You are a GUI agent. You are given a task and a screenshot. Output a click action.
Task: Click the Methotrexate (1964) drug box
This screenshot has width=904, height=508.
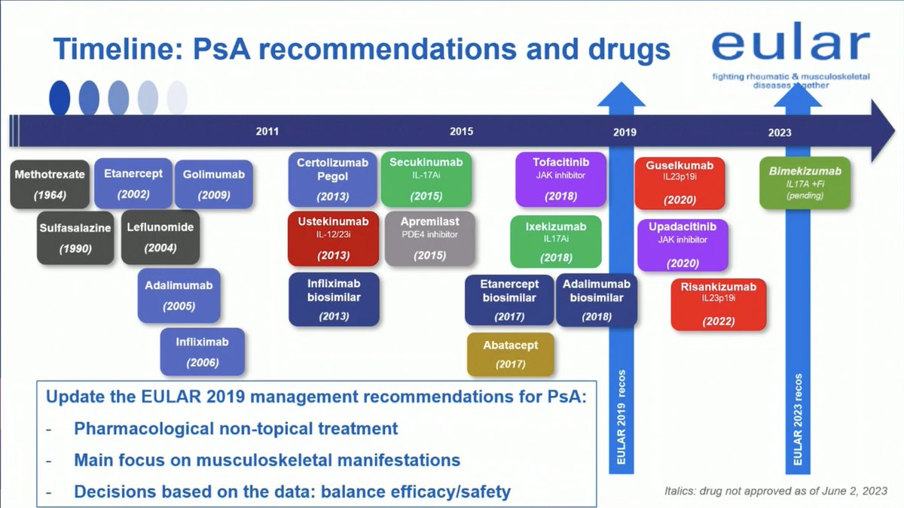point(50,184)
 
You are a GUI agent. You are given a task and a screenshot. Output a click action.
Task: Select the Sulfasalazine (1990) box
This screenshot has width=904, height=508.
point(75,238)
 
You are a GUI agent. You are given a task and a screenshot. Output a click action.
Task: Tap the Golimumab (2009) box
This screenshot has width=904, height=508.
point(214,184)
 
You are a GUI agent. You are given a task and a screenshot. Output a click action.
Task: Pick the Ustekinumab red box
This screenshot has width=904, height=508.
point(333,239)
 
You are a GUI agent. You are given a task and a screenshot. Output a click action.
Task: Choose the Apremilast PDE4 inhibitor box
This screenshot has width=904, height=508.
point(430,239)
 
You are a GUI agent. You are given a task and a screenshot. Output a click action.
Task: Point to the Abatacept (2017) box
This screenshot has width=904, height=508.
point(511,354)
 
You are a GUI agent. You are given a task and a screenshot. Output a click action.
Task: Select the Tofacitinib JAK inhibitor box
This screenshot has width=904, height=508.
point(561,179)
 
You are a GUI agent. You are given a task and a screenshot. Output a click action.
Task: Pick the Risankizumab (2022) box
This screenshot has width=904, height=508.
point(719,304)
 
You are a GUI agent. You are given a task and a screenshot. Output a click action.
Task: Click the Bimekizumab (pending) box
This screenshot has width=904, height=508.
point(805,183)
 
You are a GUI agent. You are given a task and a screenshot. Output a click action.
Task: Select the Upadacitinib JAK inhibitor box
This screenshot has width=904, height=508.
point(683,245)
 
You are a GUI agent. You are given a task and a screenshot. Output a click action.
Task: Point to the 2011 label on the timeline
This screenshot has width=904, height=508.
point(267,132)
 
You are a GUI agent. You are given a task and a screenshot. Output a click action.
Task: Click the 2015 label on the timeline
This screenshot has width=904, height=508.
point(462,132)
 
